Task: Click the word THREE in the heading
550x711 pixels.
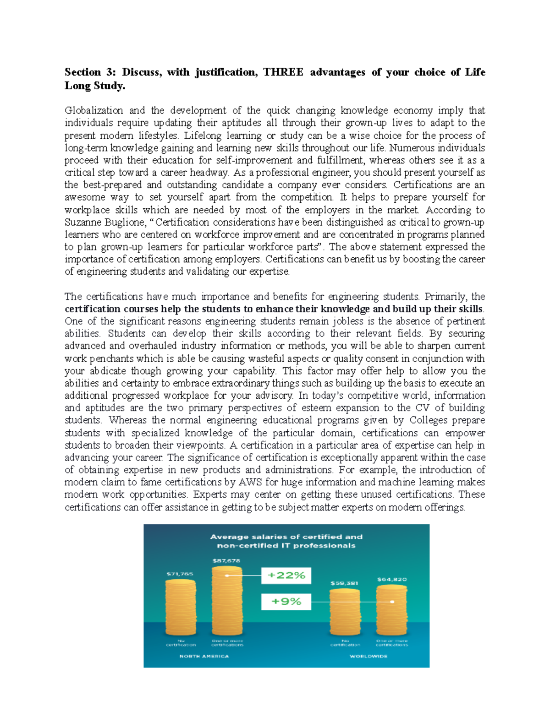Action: pos(283,72)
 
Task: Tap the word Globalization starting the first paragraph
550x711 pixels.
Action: pos(93,111)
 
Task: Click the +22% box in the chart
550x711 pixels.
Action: pos(286,575)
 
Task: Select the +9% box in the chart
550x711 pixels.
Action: pos(286,602)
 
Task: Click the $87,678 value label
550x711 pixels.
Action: pos(226,560)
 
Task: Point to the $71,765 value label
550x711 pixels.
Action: pos(180,574)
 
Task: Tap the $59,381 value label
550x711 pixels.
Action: pos(344,583)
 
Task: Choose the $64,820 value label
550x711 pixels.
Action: pos(391,579)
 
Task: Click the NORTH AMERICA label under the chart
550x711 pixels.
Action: pos(204,656)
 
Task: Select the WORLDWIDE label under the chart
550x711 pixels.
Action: pos(368,656)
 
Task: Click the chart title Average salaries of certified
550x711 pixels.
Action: pos(286,537)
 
